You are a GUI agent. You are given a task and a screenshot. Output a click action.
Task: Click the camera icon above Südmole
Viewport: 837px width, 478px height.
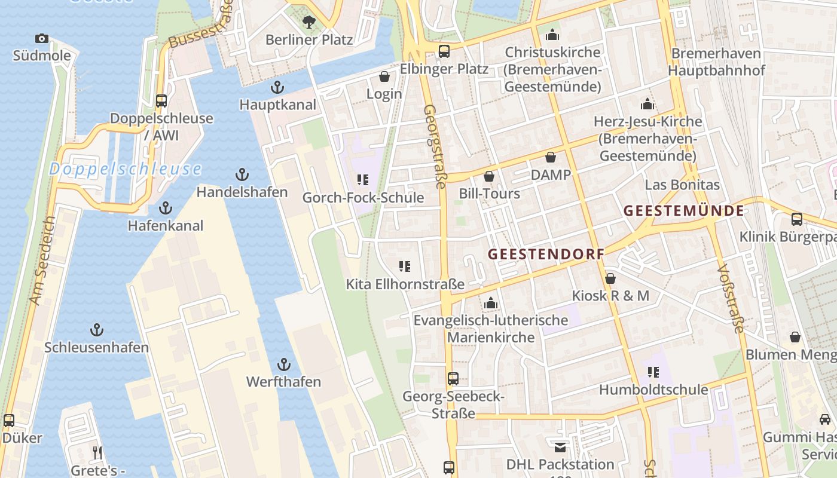click(x=41, y=39)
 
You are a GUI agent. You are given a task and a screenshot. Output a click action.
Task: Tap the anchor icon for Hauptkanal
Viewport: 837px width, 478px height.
click(x=277, y=87)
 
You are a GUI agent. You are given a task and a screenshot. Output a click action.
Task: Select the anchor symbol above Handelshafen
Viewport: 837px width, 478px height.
click(x=242, y=175)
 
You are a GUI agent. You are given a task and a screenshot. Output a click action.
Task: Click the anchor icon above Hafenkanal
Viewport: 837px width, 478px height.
click(x=166, y=209)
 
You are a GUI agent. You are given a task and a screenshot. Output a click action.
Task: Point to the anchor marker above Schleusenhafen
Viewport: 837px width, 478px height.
click(x=96, y=330)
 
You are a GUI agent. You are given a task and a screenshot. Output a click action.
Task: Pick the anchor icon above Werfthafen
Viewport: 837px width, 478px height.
click(x=284, y=364)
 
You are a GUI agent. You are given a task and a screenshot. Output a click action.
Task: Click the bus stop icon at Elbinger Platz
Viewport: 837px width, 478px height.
click(x=444, y=51)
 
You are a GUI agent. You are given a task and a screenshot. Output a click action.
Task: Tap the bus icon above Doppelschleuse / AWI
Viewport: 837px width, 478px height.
click(x=161, y=101)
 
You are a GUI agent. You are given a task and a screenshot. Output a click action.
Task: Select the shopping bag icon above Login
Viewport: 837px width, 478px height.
click(x=384, y=77)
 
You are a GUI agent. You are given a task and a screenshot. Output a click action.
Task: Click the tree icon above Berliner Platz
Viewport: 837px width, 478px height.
click(x=309, y=23)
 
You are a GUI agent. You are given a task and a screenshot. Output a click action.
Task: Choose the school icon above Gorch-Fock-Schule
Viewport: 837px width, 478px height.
click(x=362, y=180)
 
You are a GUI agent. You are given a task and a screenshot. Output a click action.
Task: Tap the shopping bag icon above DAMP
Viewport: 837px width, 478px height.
click(x=550, y=158)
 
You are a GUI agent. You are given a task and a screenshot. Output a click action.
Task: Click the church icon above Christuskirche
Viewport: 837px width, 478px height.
click(x=552, y=35)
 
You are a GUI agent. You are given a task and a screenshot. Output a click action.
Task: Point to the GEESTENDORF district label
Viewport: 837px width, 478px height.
click(x=546, y=254)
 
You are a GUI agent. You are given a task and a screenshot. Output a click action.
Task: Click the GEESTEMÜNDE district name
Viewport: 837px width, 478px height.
click(x=684, y=210)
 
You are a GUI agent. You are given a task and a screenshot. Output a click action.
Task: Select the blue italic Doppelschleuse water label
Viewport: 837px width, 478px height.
click(x=125, y=169)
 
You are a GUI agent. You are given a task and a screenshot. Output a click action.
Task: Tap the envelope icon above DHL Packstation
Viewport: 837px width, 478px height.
click(x=560, y=447)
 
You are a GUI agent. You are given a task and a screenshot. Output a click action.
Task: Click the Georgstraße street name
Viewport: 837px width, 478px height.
click(x=435, y=146)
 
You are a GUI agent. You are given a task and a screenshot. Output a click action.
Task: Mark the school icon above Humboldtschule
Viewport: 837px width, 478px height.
click(x=653, y=373)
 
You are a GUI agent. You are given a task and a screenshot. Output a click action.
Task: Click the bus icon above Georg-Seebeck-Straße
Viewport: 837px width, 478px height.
click(x=453, y=379)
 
